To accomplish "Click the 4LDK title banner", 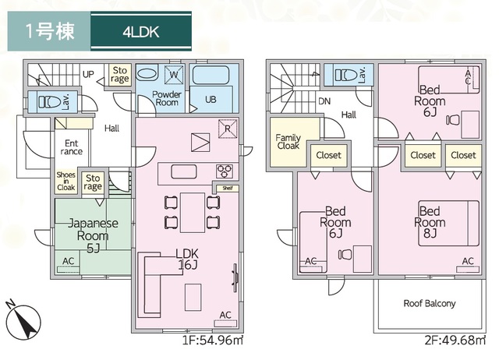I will [x=141, y=32].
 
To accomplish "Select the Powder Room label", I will [x=167, y=98].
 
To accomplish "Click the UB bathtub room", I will [x=211, y=90].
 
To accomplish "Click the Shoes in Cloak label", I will [x=65, y=182].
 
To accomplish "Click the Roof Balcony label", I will [x=429, y=303].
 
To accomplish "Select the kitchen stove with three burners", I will [x=225, y=171].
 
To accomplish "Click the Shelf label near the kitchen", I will [x=226, y=188].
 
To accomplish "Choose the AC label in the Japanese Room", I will [x=69, y=260].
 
